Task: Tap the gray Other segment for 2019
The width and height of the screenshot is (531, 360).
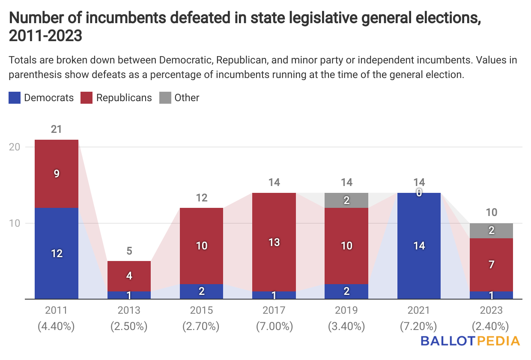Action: [x=346, y=200]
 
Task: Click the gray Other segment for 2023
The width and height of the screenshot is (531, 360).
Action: [x=491, y=231]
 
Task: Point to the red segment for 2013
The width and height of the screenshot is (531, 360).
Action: [x=129, y=276]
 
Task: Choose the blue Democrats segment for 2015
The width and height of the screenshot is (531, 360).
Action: [x=202, y=291]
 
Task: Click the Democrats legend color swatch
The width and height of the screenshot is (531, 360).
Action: [x=15, y=98]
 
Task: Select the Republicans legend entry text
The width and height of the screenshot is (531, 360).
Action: [x=124, y=98]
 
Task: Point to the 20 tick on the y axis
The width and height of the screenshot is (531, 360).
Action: [x=15, y=147]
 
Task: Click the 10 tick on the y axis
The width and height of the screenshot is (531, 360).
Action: [x=15, y=223]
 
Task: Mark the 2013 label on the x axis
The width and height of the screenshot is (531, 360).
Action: [x=129, y=310]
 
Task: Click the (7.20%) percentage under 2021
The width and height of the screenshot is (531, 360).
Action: [x=419, y=327]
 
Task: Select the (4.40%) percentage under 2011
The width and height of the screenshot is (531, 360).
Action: [x=57, y=327]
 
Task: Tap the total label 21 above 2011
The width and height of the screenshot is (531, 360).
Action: [x=57, y=129]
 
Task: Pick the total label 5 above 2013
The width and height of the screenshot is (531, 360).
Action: [x=129, y=251]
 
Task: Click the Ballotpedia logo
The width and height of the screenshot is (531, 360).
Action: [x=470, y=341]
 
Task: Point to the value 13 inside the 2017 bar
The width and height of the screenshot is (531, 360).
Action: [x=274, y=243]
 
